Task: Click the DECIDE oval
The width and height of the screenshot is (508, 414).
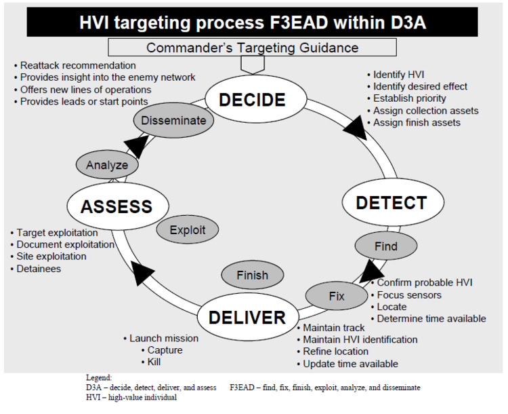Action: (x=252, y=100)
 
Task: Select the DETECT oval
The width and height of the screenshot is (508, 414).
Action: (x=391, y=202)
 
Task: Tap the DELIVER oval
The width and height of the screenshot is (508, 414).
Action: (x=247, y=317)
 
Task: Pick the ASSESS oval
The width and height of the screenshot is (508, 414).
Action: (x=116, y=206)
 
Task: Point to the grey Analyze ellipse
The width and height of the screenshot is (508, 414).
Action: (x=106, y=164)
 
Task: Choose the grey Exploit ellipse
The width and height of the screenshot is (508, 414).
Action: (x=188, y=229)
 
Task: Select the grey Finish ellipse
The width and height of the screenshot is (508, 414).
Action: (x=252, y=275)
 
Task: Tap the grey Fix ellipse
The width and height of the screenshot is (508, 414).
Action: (x=336, y=296)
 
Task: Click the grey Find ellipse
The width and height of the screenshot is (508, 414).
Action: (x=385, y=246)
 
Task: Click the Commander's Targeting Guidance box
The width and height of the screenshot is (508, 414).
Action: (x=252, y=48)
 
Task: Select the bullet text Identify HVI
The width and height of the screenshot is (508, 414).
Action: (x=400, y=74)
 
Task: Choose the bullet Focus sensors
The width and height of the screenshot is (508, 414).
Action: (x=409, y=295)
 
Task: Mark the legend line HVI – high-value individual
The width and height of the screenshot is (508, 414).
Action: (x=131, y=397)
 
